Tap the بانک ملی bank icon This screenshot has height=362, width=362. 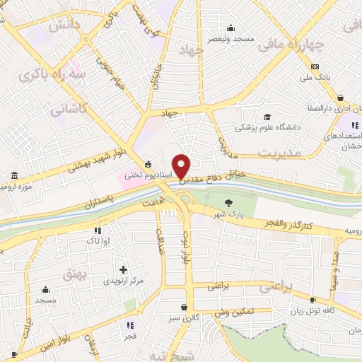[x=315, y=66]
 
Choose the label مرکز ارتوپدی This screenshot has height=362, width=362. [x=124, y=281]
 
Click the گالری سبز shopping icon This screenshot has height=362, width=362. [x=185, y=308]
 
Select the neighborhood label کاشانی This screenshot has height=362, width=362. [x=69, y=110]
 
